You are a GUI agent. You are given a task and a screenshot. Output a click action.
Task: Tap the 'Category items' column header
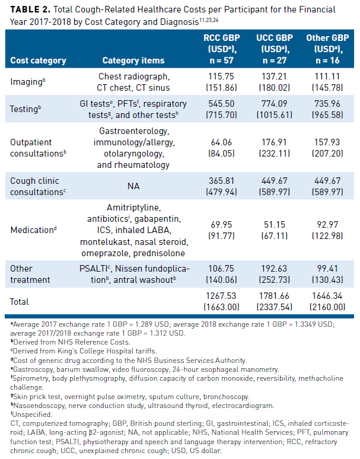[133, 60]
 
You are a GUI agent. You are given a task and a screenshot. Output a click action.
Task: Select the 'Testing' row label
[25, 109]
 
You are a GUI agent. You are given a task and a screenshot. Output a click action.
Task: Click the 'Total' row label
[19, 301]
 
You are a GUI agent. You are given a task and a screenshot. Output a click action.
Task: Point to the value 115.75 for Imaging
[217, 77]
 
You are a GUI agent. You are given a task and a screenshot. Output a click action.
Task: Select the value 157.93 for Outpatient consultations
[327, 142]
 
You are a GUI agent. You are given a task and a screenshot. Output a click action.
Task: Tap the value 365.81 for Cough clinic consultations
[217, 181]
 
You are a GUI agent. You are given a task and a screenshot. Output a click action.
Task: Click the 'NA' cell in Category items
[133, 186]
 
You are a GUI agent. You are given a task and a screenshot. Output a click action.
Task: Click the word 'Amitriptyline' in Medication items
[133, 208]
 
